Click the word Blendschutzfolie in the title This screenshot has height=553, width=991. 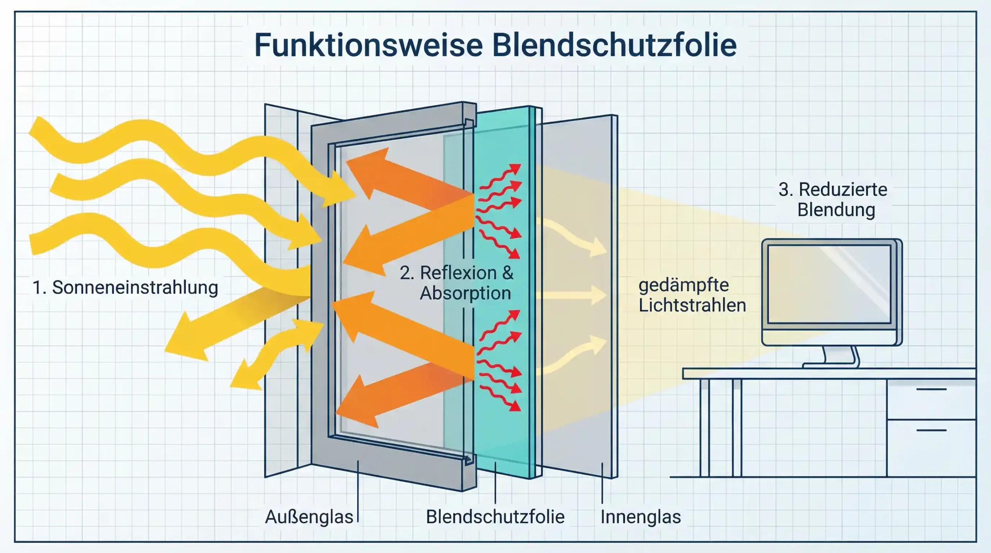[x=614, y=45]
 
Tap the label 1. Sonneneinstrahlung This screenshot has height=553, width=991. [x=125, y=288]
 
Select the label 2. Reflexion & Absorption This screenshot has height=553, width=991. [x=457, y=283]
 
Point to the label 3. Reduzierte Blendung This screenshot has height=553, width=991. [x=833, y=200]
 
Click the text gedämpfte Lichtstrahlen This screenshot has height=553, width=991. [x=692, y=295]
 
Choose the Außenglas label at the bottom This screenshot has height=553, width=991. [x=309, y=517]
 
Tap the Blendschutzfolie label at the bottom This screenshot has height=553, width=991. [x=495, y=517]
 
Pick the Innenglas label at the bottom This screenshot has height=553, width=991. [x=641, y=517]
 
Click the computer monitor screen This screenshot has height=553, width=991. [x=829, y=284]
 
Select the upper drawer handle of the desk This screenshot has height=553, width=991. [x=931, y=389]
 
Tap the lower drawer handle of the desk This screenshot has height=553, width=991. [x=931, y=430]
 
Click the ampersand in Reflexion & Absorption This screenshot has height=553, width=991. [x=508, y=273]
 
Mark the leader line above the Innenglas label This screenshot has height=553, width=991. [x=602, y=484]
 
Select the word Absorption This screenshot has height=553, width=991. [x=465, y=293]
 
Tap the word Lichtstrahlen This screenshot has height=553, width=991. [x=692, y=305]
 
